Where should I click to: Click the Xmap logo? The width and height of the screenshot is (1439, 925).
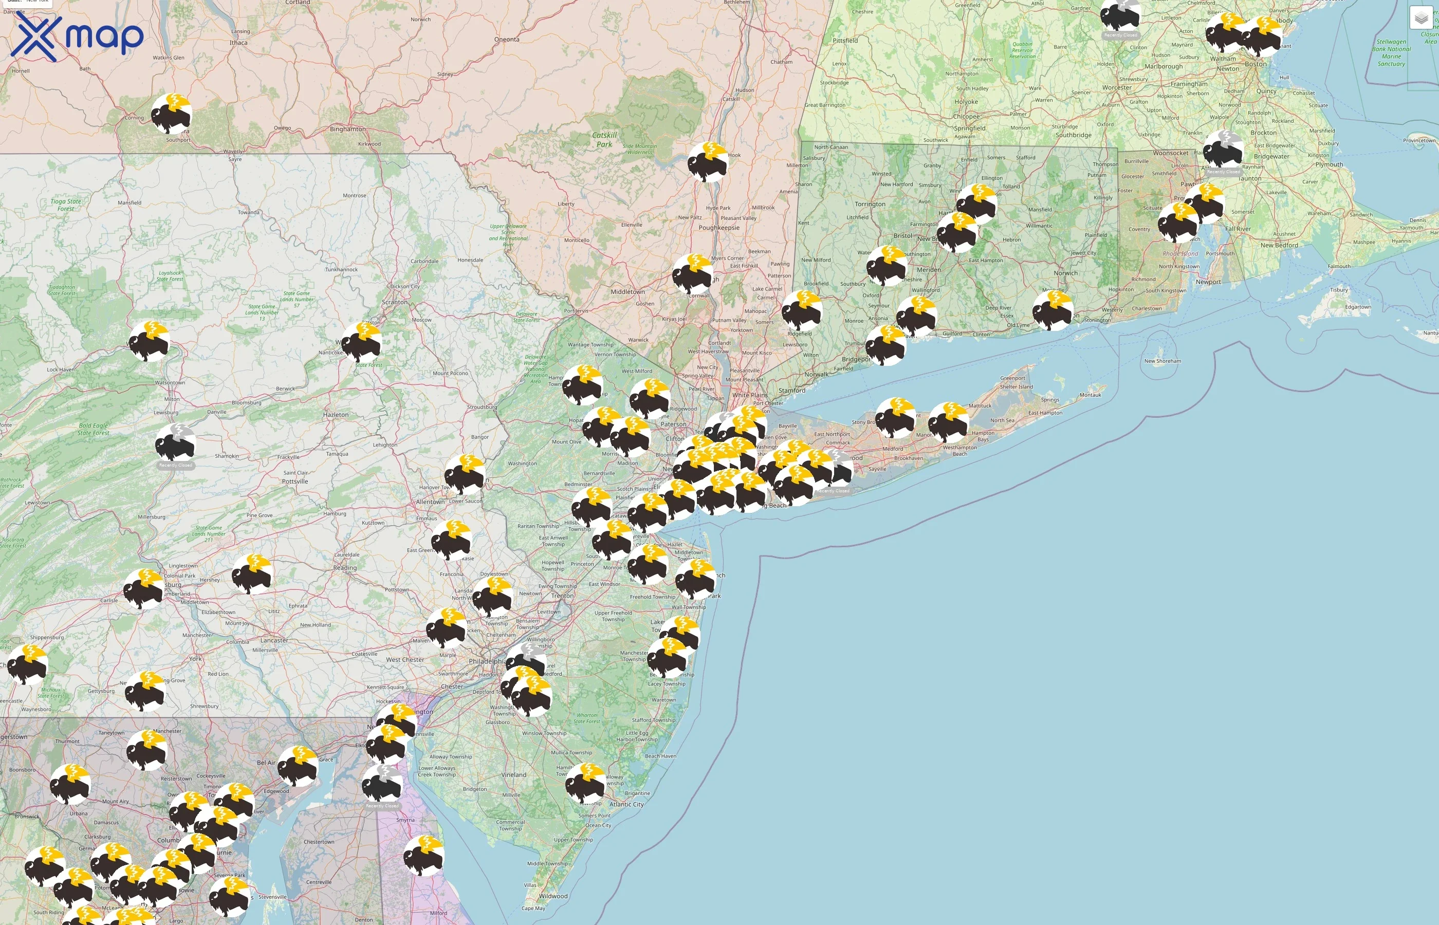[77, 37]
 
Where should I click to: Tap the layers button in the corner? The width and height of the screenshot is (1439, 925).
[1420, 18]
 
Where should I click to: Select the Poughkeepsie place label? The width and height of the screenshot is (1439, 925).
[719, 228]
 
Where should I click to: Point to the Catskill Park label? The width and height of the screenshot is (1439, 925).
[604, 139]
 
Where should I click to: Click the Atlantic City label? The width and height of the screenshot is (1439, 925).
[626, 804]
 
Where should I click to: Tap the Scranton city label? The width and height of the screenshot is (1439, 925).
[395, 302]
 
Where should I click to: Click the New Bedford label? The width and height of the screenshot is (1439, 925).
[1279, 245]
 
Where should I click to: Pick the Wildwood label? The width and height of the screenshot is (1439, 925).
[553, 896]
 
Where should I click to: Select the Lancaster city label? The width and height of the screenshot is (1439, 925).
[274, 640]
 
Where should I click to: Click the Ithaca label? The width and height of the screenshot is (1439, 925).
[238, 43]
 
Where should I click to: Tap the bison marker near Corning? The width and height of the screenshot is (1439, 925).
[171, 114]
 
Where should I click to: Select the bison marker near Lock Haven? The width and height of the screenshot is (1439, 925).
[149, 341]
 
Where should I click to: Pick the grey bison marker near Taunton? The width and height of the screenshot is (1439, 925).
[1223, 150]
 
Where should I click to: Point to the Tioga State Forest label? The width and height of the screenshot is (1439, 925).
[65, 205]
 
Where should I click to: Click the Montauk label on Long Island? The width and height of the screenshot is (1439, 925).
[1090, 395]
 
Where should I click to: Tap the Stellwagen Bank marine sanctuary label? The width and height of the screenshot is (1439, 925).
[1391, 53]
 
